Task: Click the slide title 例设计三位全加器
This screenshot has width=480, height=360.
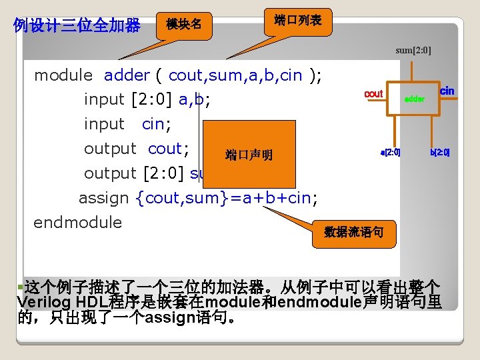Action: (77, 26)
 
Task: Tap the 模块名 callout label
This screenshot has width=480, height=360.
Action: (184, 25)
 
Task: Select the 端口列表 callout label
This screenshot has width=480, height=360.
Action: (297, 21)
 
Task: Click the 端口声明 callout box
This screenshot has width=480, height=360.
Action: (249, 155)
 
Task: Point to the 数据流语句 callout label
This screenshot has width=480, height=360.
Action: (353, 232)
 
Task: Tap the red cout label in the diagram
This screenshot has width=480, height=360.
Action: (373, 93)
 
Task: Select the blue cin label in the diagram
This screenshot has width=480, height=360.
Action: (447, 91)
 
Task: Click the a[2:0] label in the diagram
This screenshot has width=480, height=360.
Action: (390, 152)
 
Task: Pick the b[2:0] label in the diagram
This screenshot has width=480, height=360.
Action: (440, 152)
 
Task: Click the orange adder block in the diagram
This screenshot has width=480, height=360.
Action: (415, 99)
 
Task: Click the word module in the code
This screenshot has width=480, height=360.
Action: (63, 75)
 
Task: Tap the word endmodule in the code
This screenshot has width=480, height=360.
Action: (78, 222)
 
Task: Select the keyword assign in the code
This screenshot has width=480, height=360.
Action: (103, 198)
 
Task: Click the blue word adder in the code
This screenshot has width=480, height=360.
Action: (127, 75)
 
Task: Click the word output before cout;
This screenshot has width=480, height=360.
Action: (110, 149)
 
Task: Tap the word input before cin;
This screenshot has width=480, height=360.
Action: (104, 124)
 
